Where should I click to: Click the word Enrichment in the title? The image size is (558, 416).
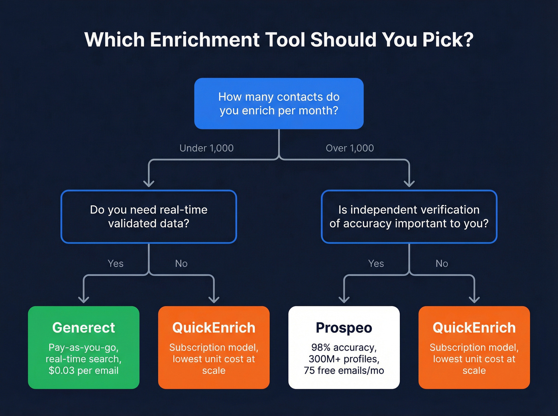point(204,40)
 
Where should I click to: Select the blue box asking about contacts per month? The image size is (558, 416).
point(279,104)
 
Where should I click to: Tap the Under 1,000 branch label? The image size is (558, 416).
point(206,148)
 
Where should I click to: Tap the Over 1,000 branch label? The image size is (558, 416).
point(350,148)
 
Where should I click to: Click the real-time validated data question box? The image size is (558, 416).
point(149,217)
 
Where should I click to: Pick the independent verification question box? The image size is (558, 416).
point(409,217)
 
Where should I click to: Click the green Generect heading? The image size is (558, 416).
point(84,328)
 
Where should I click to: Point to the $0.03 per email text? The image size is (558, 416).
point(84,371)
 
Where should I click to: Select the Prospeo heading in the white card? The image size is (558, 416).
point(344,328)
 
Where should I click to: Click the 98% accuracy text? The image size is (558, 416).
point(344,348)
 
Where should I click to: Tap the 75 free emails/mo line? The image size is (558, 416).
point(344,371)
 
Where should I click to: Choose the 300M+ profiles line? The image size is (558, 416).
point(344,359)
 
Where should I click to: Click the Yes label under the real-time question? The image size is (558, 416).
point(116,264)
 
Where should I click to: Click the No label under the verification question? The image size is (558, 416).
point(442,264)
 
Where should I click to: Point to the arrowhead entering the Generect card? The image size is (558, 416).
point(84,299)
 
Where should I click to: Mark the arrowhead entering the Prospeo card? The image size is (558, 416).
point(344,299)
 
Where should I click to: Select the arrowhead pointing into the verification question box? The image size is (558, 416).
point(409,183)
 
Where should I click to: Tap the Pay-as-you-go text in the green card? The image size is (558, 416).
point(84,348)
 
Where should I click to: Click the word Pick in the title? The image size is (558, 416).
point(440,40)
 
